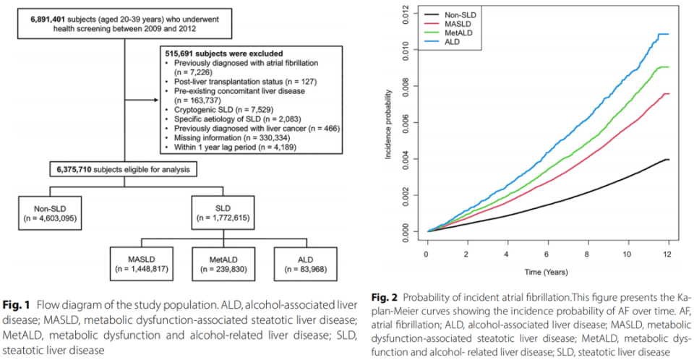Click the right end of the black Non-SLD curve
click(669, 159)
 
